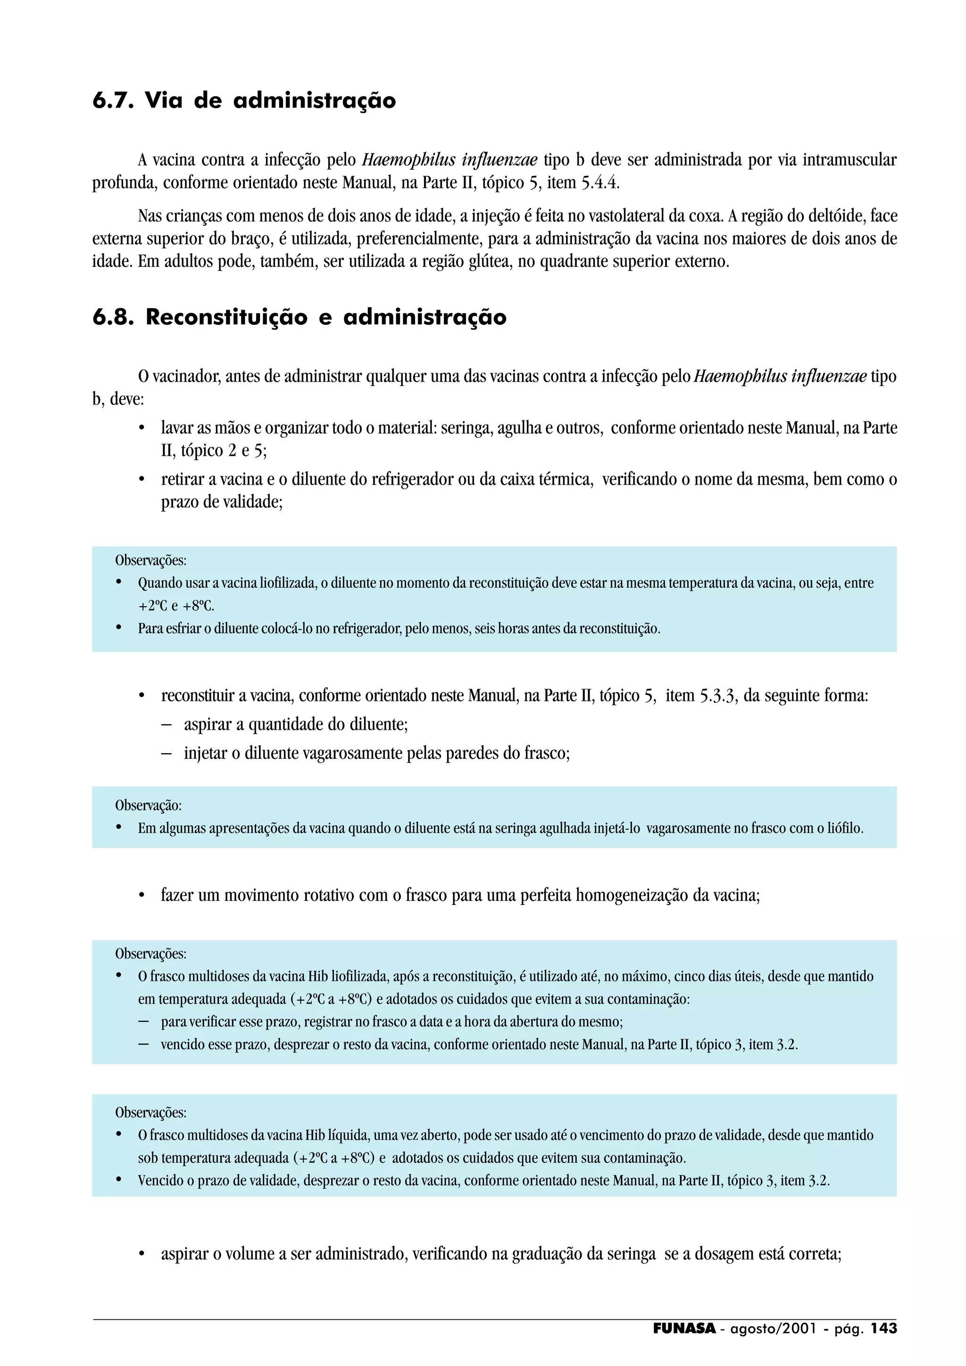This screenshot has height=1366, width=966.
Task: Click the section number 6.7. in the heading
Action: coord(112,100)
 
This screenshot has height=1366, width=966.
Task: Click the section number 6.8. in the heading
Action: coord(112,317)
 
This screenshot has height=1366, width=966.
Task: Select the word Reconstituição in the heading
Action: coord(226,317)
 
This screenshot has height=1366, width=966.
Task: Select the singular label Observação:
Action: coord(148,806)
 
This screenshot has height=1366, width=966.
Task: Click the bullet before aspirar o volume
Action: coord(142,1255)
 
